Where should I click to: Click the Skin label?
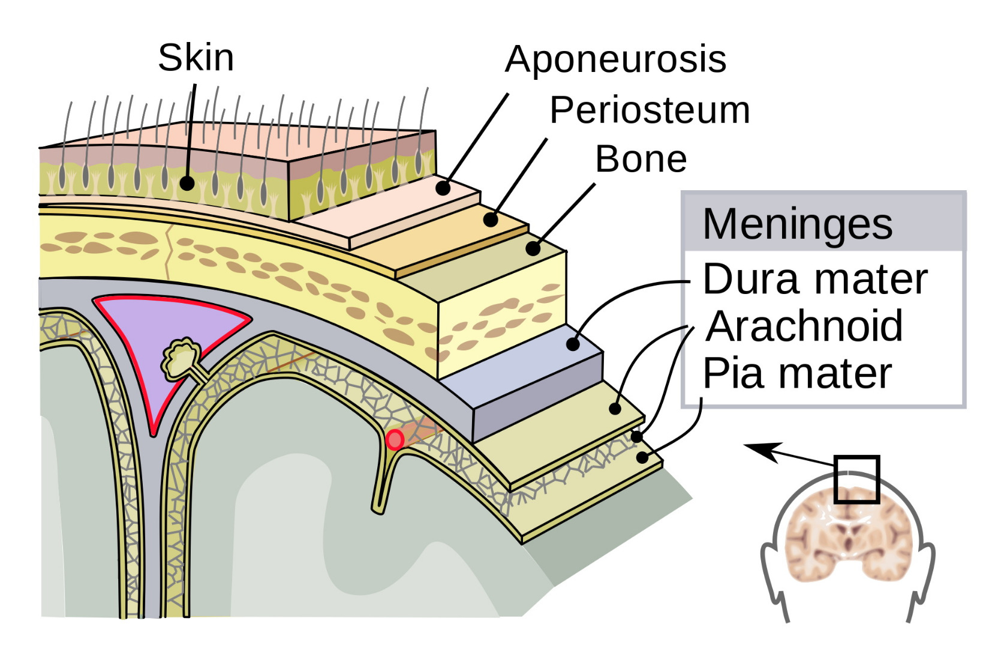pos(196,58)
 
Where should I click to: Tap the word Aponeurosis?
pos(615,59)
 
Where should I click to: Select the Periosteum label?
pos(650,110)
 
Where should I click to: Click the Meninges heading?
pos(797,224)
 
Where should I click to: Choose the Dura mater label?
pos(814,279)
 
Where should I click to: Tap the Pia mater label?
pos(797,373)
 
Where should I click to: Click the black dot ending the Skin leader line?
pos(187,183)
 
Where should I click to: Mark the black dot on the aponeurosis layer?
pos(443,188)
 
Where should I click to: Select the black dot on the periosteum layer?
pos(491,220)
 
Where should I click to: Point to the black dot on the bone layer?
pos(533,248)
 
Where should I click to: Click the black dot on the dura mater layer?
pos(573,344)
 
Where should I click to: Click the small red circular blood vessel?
pos(394,440)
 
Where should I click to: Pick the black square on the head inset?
pos(857,479)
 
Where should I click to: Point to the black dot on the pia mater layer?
pos(642,458)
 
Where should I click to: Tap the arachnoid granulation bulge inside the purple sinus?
pos(182,359)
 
